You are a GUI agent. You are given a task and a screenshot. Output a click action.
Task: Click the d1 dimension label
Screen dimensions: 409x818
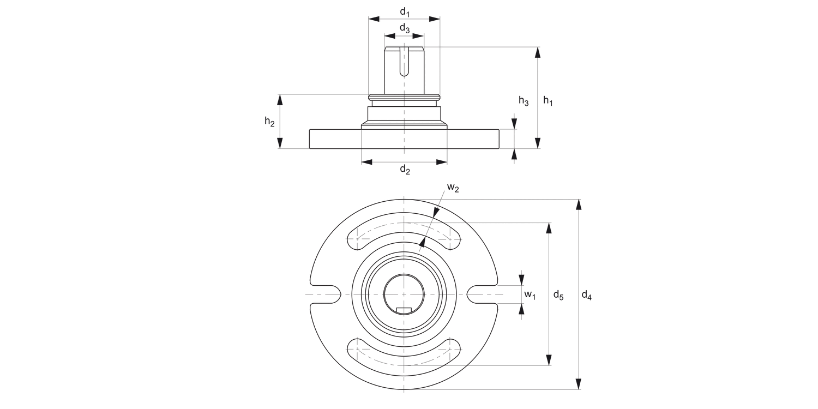pyautogui.click(x=404, y=11)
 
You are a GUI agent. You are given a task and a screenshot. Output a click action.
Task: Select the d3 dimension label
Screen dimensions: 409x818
pyautogui.click(x=404, y=28)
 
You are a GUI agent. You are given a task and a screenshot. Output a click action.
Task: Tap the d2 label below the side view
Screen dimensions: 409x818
pyautogui.click(x=405, y=170)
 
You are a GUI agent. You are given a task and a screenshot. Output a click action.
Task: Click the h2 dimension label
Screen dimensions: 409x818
pyautogui.click(x=269, y=122)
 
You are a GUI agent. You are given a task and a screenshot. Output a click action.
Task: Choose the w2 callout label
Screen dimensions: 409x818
pyautogui.click(x=453, y=188)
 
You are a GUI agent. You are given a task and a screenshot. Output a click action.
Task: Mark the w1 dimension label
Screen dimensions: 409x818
pyautogui.click(x=530, y=295)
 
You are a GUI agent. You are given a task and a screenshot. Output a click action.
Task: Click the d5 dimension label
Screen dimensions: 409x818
pyautogui.click(x=558, y=295)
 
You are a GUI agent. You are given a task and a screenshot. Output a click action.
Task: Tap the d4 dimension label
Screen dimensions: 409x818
pyautogui.click(x=586, y=295)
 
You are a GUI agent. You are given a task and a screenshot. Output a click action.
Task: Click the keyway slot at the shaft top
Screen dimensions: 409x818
pyautogui.click(x=404, y=61)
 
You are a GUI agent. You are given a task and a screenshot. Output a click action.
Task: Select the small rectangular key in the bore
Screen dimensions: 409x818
pyautogui.click(x=404, y=310)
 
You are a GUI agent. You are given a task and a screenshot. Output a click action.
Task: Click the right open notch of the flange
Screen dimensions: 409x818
pyautogui.click(x=481, y=294)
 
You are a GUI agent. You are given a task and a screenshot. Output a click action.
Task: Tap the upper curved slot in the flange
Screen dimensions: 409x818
pyautogui.click(x=404, y=231)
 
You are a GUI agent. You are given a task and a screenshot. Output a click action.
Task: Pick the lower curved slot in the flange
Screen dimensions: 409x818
pyautogui.click(x=404, y=357)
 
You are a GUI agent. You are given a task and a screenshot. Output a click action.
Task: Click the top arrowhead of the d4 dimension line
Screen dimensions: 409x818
pyautogui.click(x=579, y=205)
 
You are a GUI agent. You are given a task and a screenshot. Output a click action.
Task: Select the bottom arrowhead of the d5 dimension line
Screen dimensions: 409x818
pyautogui.click(x=549, y=360)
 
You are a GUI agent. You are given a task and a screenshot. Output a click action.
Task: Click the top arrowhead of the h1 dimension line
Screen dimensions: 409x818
pyautogui.click(x=538, y=53)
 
